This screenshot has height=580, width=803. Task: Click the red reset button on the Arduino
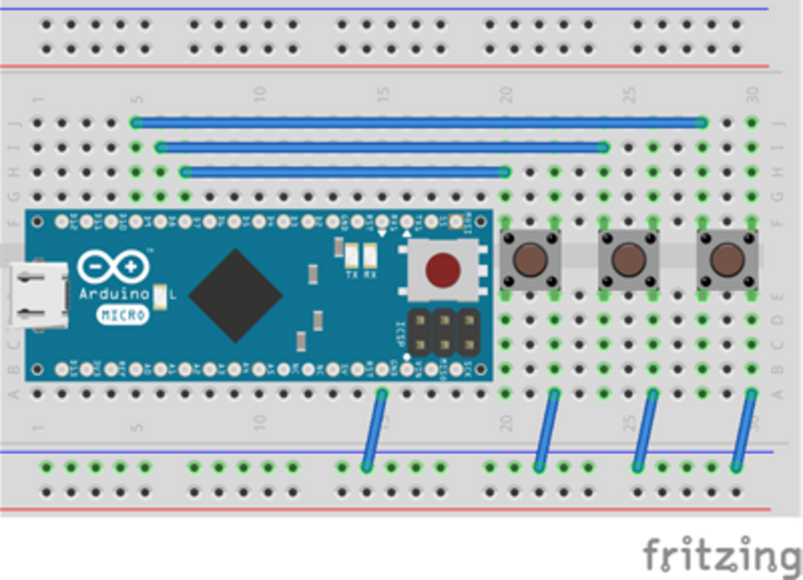[x=443, y=269]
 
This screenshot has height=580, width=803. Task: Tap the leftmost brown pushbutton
[x=530, y=259]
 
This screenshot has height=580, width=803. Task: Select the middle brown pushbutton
[x=628, y=259]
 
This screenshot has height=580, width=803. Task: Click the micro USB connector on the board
[x=38, y=295]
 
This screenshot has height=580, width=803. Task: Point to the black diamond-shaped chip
[x=235, y=295]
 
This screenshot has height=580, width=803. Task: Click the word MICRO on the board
[x=124, y=315]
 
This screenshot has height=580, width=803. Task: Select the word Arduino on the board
[x=114, y=293]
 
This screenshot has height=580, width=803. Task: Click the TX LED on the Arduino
[x=351, y=253]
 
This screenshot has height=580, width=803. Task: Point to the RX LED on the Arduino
[x=370, y=253]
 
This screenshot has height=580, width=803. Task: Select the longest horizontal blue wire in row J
[x=419, y=123]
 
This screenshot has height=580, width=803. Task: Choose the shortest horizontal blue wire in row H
[x=345, y=172]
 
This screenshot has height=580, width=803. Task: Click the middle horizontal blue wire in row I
[x=382, y=147]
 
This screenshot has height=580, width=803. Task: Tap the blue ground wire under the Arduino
[x=374, y=431]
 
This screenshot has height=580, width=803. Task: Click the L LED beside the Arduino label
[x=160, y=295]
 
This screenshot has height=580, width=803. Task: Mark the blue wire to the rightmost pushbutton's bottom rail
[x=744, y=431]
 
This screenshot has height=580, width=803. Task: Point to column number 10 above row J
[x=259, y=94]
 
